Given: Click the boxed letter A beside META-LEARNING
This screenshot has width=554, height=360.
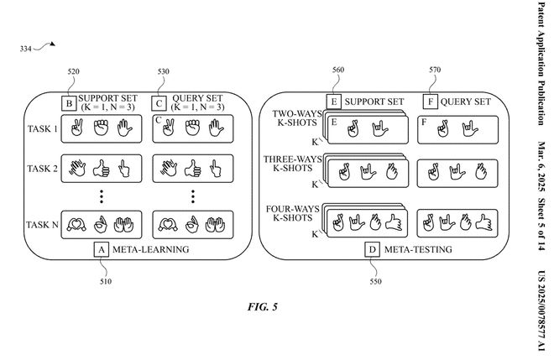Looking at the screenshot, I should click(101, 250).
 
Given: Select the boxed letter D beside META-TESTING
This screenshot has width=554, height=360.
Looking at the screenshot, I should click(370, 250).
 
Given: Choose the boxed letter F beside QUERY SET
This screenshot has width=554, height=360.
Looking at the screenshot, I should click(432, 105).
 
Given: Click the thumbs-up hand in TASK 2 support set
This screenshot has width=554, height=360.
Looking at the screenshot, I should click(103, 169).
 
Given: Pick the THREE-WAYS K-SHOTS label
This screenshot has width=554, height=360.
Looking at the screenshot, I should click(288, 163).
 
